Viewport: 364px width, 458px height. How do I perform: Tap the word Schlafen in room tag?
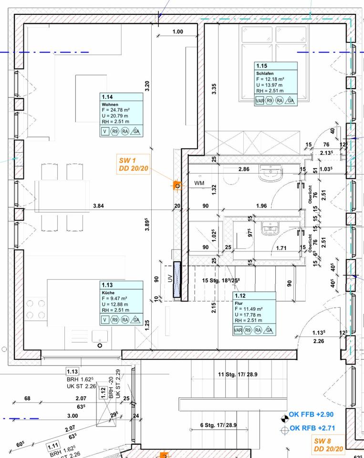(x=265, y=73)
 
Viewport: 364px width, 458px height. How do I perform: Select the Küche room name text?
(x=108, y=292)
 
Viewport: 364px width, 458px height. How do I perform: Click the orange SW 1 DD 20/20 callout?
(x=134, y=164)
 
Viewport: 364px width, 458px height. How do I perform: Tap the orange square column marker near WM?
(x=177, y=185)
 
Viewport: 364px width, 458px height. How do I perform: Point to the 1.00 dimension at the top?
(x=177, y=32)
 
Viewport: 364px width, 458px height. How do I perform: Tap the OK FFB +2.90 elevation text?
(x=311, y=416)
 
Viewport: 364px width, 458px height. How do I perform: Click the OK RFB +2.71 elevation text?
(x=311, y=427)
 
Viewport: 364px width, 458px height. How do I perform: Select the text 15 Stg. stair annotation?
(x=220, y=281)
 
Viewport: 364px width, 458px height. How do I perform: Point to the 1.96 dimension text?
(x=261, y=206)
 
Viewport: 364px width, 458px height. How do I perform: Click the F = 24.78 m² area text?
(x=116, y=110)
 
